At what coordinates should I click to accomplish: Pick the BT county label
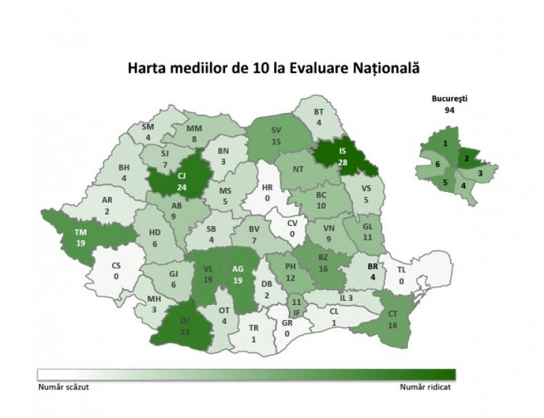[319, 112]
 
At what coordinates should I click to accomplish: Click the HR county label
[267, 187]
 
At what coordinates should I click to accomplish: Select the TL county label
[402, 270]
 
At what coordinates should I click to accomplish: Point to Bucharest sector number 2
[467, 157]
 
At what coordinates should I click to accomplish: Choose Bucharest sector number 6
[437, 165]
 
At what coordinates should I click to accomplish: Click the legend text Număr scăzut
[63, 386]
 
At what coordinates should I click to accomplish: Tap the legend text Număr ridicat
[426, 386]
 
